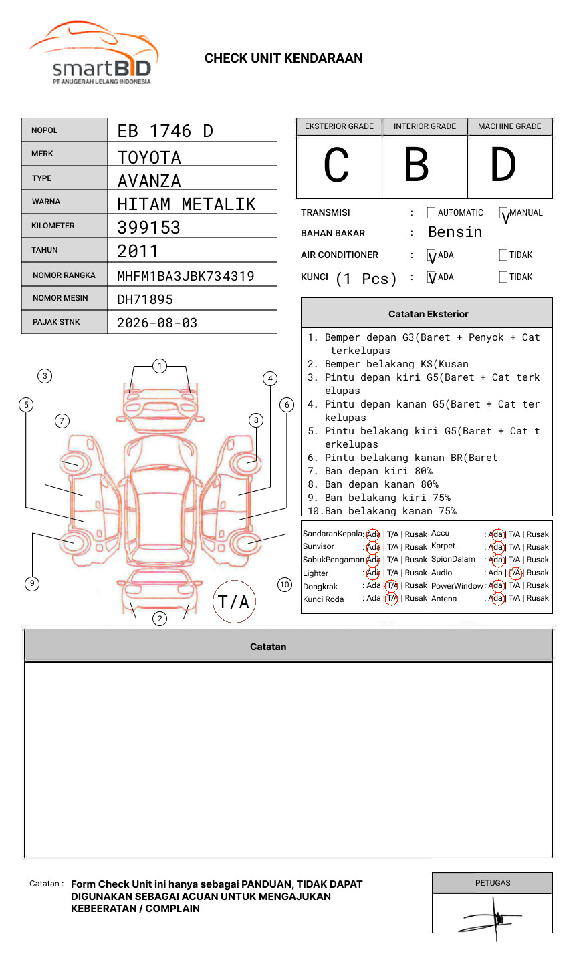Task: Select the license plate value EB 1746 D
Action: pos(165,131)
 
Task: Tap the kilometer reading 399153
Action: pos(148,228)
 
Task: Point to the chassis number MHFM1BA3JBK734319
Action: pos(186,276)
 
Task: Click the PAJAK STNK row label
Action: pos(56,322)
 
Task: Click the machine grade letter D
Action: pos(503,164)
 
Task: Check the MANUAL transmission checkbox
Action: pos(503,212)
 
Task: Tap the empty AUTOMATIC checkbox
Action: pos(431,212)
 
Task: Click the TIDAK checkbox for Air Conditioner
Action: pos(503,255)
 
